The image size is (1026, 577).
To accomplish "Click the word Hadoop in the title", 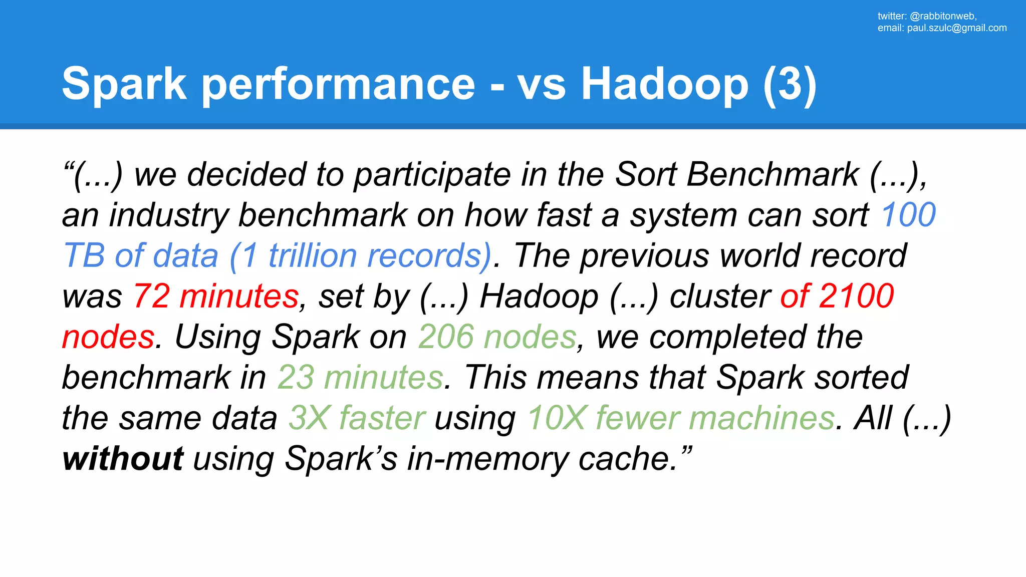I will (664, 84).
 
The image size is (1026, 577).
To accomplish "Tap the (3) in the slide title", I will (790, 84).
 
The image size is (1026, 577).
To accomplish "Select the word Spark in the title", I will (124, 84).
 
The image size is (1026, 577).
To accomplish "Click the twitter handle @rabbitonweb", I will (942, 16).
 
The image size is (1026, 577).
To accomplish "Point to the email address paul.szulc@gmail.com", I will (956, 28).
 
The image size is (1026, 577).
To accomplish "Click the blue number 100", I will (908, 215).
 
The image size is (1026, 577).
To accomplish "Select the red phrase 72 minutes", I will (216, 296).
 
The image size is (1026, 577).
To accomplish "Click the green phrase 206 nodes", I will (497, 337).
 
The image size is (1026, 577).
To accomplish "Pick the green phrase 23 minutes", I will (360, 377).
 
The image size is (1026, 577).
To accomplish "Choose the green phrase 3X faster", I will (357, 418).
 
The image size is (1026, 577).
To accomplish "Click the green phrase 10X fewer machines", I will (681, 418).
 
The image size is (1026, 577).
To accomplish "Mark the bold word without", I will (123, 458).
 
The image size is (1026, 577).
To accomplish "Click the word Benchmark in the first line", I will (773, 174).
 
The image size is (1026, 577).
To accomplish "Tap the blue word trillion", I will (312, 255).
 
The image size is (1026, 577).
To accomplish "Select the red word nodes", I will (108, 337).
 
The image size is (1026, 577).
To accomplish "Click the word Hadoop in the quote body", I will (539, 296).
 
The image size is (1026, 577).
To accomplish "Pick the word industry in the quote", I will (168, 215).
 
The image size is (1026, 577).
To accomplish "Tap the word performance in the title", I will (338, 84).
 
